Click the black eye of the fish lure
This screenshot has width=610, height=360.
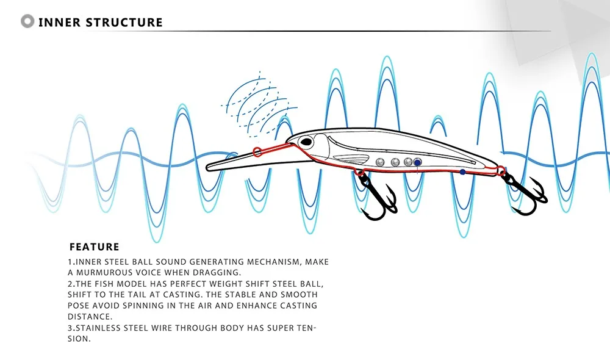[x=306, y=143]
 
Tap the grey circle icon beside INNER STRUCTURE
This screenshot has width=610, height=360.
[x=27, y=22]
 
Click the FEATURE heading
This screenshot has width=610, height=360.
[x=94, y=247]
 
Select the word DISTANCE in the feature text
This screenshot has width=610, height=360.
[x=89, y=316]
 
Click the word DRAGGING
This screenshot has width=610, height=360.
[x=217, y=272]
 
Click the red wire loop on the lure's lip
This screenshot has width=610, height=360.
[x=257, y=151]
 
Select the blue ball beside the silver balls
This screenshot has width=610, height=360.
[x=418, y=162]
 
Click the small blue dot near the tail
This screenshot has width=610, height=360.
[x=462, y=172]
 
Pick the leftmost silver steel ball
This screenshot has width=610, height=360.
[x=380, y=162]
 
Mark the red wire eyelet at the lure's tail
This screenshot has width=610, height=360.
[x=501, y=171]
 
